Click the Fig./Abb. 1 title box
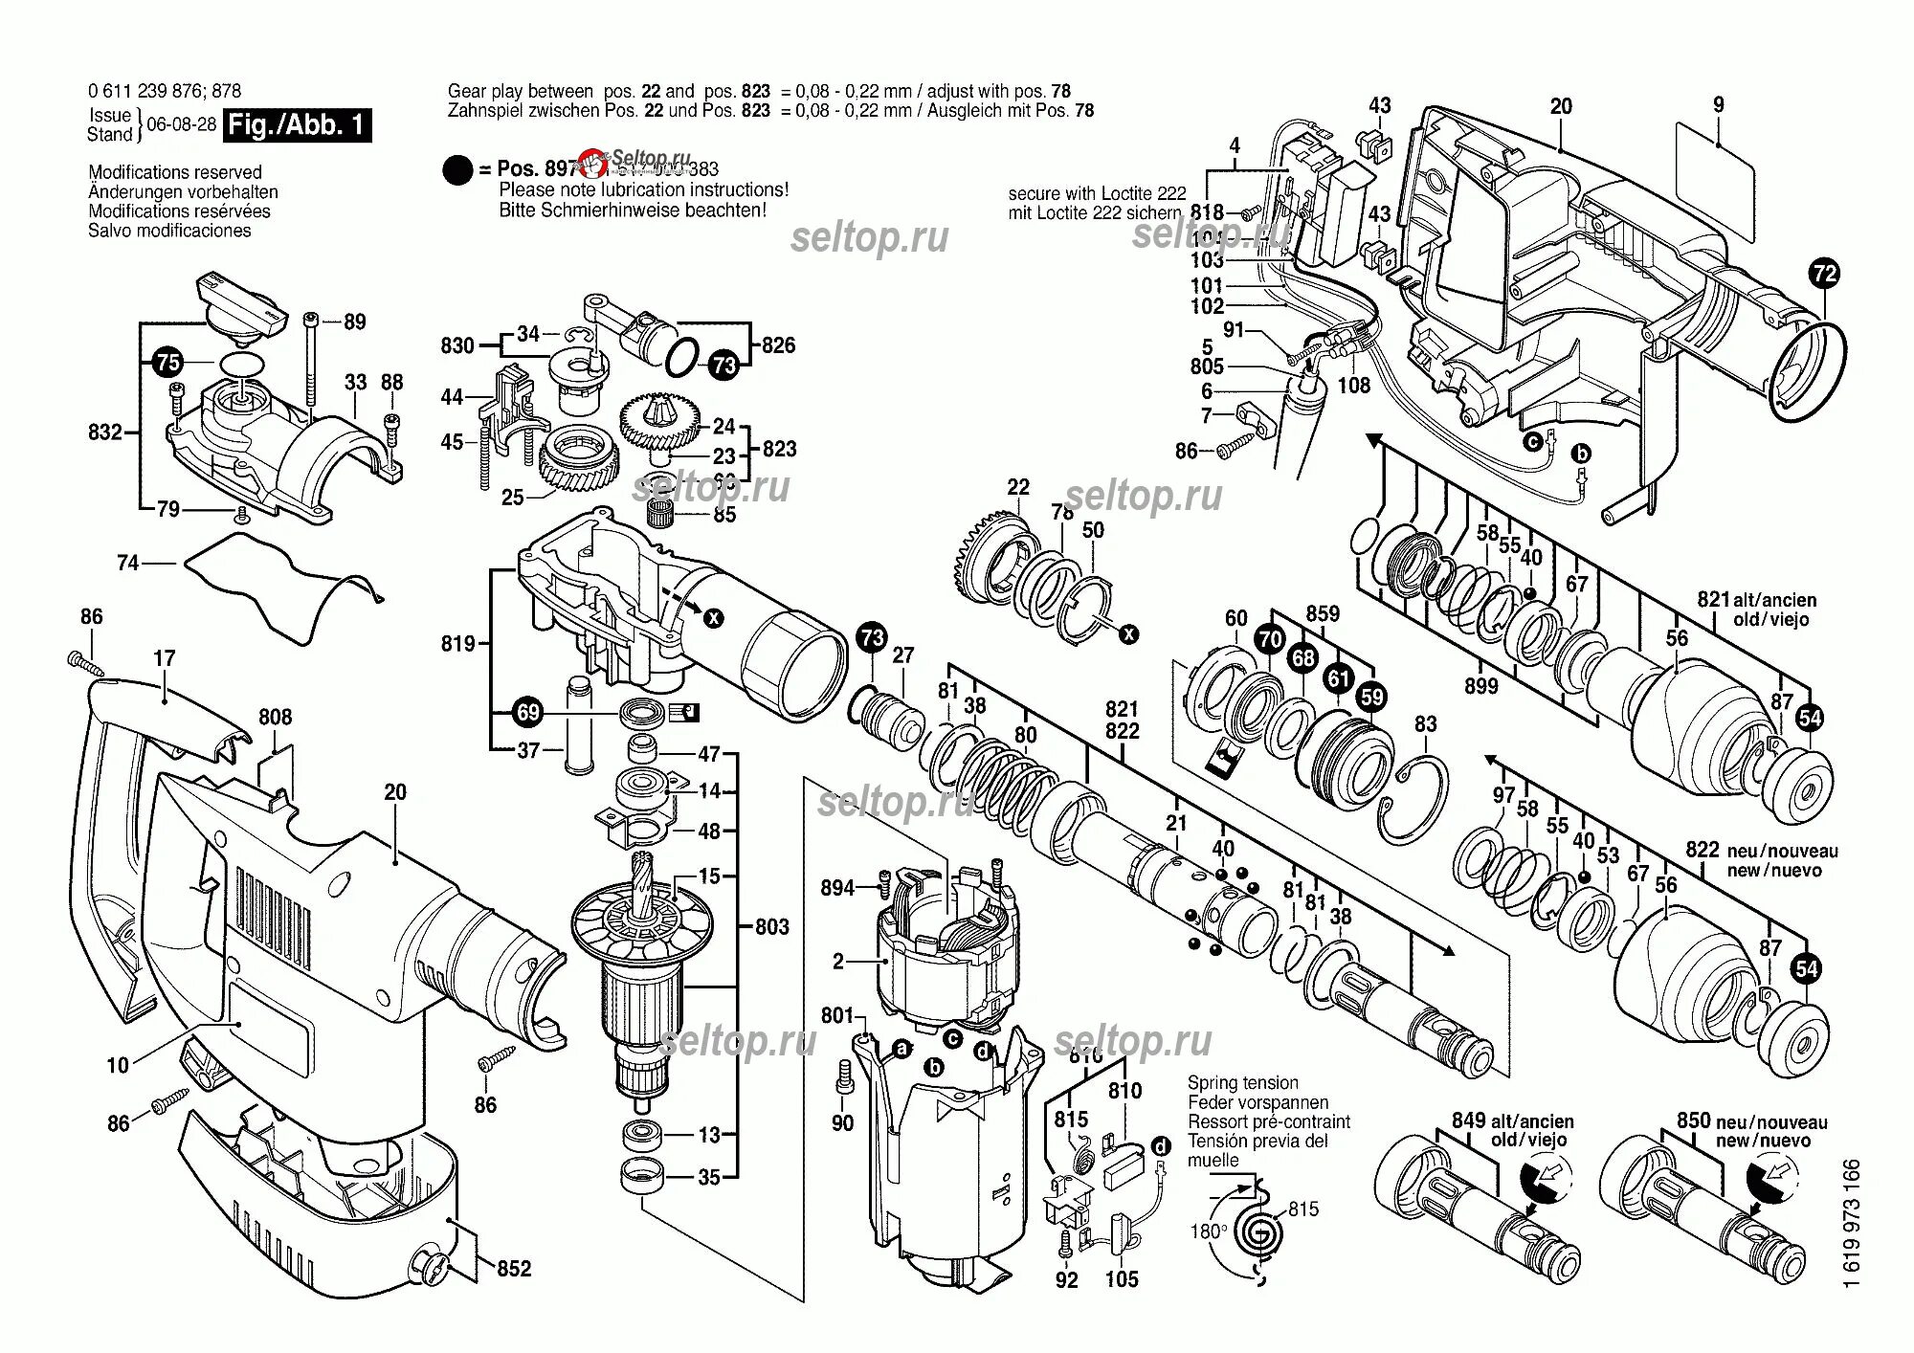click(x=297, y=125)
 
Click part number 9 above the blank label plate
click(x=1719, y=104)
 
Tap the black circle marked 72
click(x=1825, y=274)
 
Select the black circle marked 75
click(x=168, y=363)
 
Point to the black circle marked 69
click(x=527, y=712)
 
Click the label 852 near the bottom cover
click(x=514, y=1269)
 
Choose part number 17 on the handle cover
click(x=165, y=658)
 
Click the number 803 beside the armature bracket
click(x=771, y=926)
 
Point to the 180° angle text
click(x=1209, y=1231)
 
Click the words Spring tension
click(x=1242, y=1083)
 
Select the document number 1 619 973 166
click(x=1853, y=1223)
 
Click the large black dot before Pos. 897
click(x=457, y=170)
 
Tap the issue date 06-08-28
click(x=182, y=125)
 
